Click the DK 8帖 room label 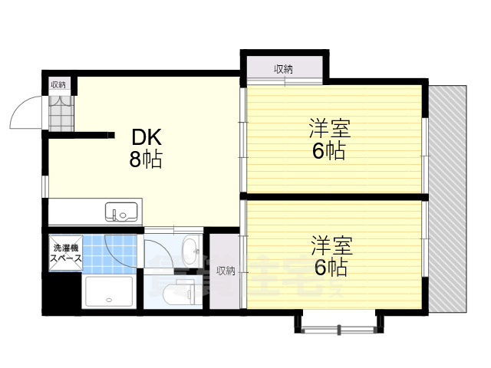146,149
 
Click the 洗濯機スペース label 65,254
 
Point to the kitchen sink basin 120,210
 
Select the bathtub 110,293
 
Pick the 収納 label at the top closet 283,70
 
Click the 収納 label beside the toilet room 225,270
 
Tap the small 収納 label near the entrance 59,84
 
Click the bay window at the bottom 338,323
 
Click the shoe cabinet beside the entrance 60,111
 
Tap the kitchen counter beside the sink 77,210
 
